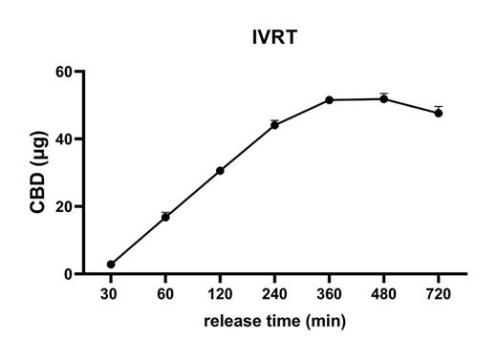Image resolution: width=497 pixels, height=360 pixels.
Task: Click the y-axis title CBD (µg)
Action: (x=40, y=172)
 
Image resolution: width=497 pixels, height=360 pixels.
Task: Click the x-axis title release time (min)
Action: (x=274, y=321)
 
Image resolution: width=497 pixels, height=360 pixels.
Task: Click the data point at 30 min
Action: (x=111, y=265)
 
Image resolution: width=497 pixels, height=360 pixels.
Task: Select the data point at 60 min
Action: (x=165, y=218)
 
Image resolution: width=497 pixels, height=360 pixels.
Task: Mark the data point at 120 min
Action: (x=220, y=171)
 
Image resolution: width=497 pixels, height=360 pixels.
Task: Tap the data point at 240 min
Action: (x=274, y=125)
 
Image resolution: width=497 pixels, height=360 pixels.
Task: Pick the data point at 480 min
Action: (x=383, y=98)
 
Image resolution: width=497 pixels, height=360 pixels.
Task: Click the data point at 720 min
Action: (x=439, y=113)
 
